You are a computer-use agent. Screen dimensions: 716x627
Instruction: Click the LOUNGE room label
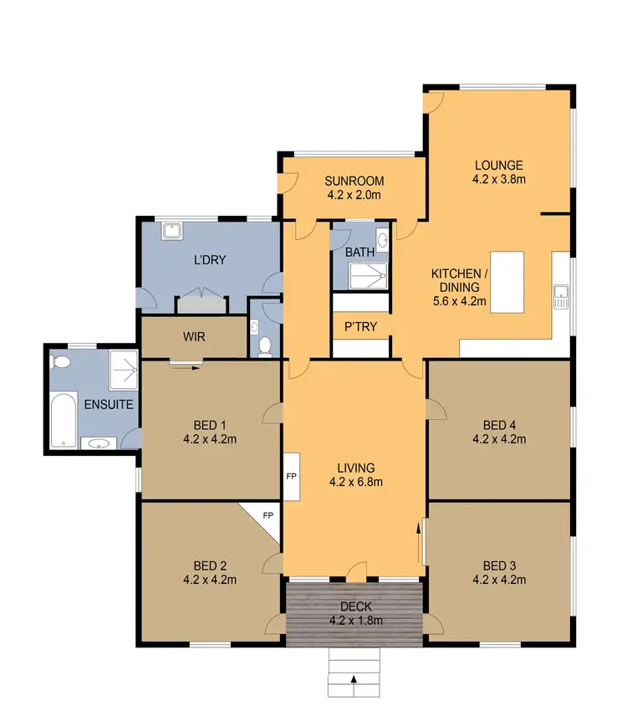[x=498, y=165]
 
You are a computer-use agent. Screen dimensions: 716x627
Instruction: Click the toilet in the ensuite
[x=59, y=361]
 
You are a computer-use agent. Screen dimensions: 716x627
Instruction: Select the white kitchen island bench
[x=507, y=282]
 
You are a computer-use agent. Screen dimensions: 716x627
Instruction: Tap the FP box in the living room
[x=292, y=477]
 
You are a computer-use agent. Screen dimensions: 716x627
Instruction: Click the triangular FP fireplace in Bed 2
[x=266, y=519]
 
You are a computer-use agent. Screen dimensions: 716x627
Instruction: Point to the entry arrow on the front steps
[x=354, y=679]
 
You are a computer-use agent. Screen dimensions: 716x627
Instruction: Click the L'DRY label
[x=210, y=259]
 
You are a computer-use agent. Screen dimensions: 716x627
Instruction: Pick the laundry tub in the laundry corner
[x=173, y=231]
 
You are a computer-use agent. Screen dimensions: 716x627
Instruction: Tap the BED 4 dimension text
[x=498, y=437]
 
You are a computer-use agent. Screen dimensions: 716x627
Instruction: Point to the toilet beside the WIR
[x=265, y=344]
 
